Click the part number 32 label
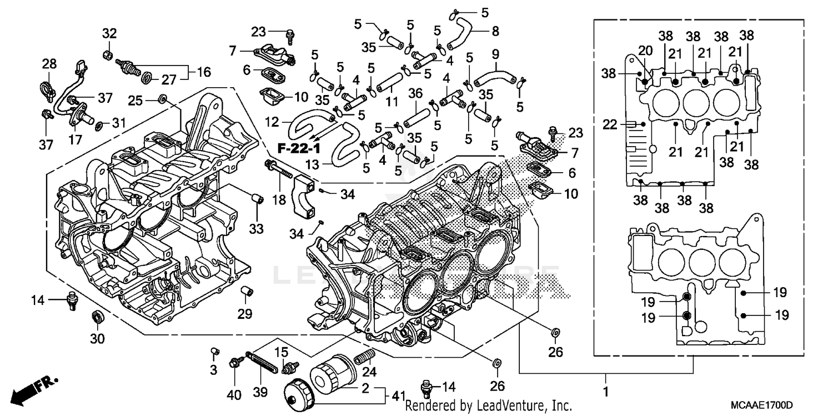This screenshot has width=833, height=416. tap(109, 33)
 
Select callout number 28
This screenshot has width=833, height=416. tap(49, 64)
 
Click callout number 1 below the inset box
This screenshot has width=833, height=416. tap(605, 392)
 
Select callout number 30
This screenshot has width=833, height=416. tap(97, 338)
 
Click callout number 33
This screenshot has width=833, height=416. tap(257, 228)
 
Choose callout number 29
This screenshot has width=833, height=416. tap(245, 314)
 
